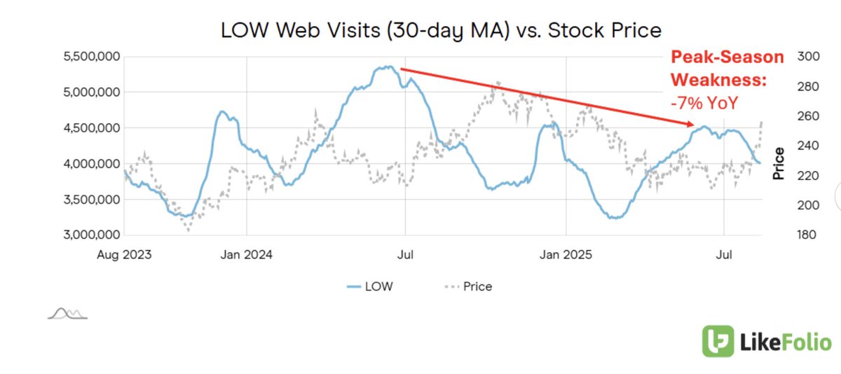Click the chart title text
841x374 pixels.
[441, 30]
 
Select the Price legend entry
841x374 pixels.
[468, 286]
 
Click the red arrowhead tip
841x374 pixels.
[695, 125]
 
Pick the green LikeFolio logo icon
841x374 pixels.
[718, 342]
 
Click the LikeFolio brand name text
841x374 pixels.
[785, 342]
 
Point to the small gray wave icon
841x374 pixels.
[67, 313]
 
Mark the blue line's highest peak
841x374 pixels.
[388, 67]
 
